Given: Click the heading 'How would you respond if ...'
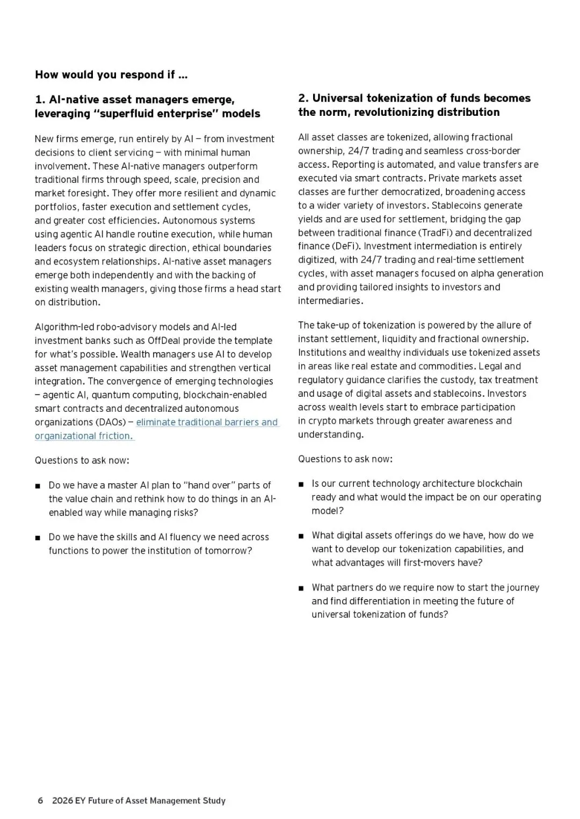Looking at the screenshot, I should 111,75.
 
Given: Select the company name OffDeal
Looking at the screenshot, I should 166,341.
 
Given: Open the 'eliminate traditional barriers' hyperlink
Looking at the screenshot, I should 207,422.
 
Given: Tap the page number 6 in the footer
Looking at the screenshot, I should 40,801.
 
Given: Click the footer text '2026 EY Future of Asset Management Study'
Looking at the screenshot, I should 139,801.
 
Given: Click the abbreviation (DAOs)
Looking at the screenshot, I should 111,422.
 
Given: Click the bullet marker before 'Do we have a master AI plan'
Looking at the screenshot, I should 38,486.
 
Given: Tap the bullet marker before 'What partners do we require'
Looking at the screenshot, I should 301,588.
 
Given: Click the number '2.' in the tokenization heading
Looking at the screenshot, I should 303,98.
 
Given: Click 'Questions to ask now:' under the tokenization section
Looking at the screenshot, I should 345,459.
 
